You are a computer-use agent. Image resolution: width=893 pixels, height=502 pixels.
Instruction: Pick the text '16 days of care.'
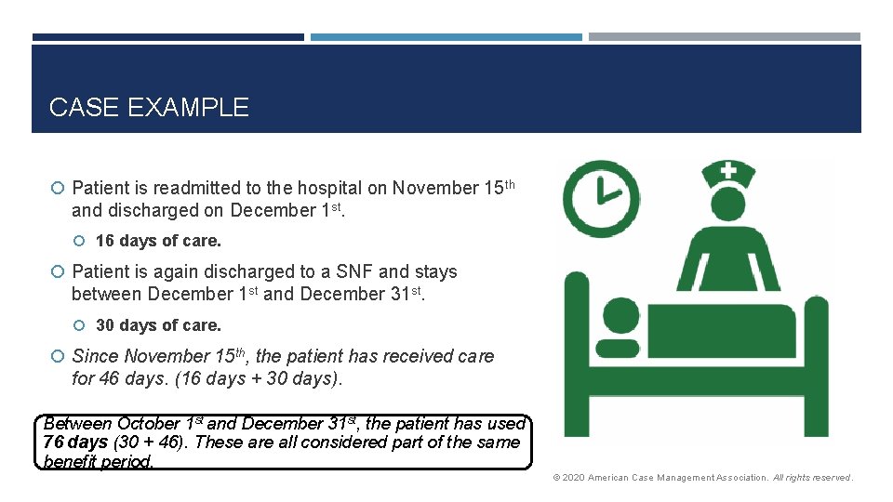pyautogui.click(x=158, y=241)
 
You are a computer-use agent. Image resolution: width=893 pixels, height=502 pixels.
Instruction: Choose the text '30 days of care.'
pyautogui.click(x=158, y=325)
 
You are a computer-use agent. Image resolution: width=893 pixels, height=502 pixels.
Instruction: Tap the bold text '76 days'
pyautogui.click(x=75, y=443)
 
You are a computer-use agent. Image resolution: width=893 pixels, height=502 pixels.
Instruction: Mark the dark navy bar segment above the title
pyautogui.click(x=167, y=37)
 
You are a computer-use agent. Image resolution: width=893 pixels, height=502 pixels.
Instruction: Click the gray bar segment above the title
pyautogui.click(x=725, y=37)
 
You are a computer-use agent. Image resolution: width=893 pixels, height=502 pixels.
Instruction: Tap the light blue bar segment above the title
pyautogui.click(x=446, y=37)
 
